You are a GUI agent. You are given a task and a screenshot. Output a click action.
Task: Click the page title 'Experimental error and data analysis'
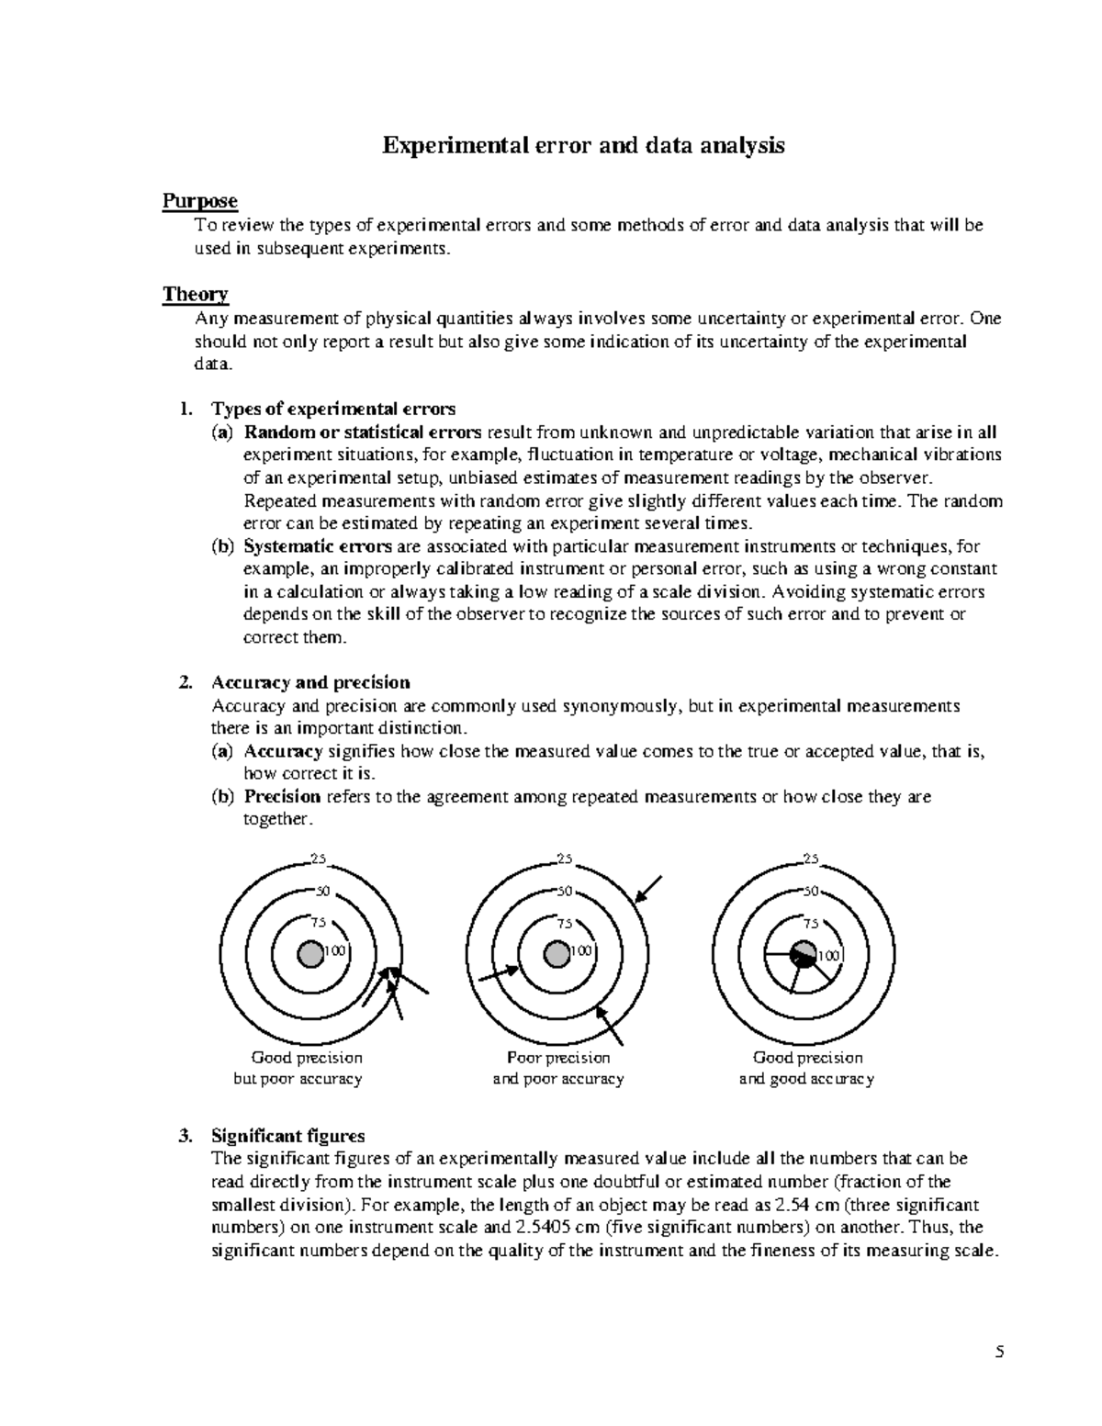583,145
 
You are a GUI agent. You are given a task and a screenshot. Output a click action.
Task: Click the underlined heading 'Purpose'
199,200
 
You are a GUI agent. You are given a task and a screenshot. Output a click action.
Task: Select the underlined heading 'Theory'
195,294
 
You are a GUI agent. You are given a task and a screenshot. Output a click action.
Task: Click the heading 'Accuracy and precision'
310,682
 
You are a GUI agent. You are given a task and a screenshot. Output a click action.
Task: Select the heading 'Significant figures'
287,1135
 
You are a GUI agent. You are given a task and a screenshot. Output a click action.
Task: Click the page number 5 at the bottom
1000,1352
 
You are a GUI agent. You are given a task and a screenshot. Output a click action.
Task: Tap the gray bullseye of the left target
310,954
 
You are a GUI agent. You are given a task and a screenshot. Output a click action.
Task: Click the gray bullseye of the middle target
557,954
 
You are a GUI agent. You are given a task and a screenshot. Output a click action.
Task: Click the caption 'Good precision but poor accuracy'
298,1068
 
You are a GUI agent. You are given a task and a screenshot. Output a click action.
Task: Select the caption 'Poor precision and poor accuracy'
557,1068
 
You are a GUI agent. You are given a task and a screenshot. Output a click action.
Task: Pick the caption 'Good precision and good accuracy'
806,1068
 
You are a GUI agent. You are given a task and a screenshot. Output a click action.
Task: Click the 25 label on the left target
319,859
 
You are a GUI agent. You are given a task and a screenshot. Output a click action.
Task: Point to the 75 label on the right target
811,923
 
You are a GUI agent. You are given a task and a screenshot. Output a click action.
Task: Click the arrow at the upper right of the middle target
647,889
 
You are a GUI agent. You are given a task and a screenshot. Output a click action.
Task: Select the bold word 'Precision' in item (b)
282,796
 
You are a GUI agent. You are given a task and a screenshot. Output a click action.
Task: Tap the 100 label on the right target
828,955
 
